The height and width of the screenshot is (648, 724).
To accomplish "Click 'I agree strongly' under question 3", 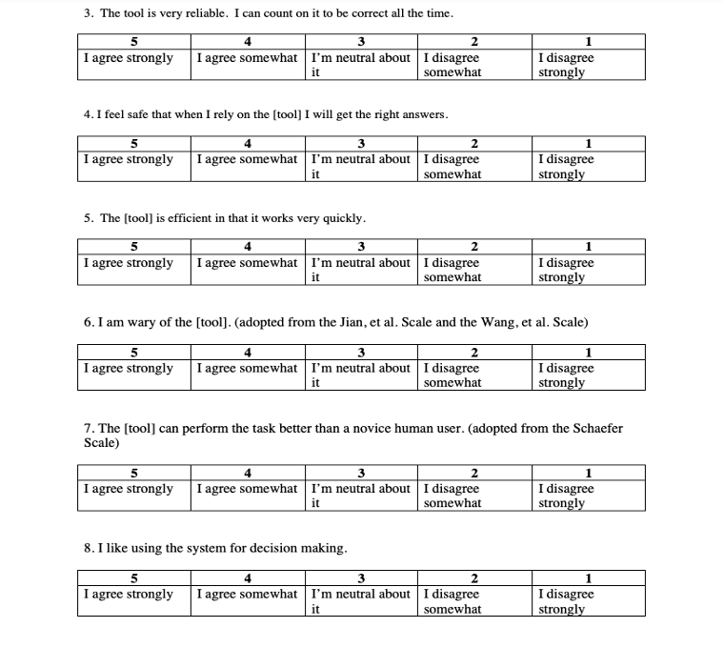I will coord(129,58).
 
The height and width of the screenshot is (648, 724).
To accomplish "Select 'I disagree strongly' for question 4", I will coord(566,167).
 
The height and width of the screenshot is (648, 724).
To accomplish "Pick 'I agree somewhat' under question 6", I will coord(247,369).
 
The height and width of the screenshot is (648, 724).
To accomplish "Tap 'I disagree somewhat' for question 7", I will coord(452,496).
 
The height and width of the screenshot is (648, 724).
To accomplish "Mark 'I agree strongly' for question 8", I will coord(129,595).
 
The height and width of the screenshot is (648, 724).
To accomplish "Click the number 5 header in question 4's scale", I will coord(133,144).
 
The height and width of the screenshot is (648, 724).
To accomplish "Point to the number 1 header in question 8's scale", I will coord(588,577).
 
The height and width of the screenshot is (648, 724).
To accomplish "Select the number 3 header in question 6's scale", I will coord(361,353).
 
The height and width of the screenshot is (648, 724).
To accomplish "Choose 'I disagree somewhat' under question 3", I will coord(452,65).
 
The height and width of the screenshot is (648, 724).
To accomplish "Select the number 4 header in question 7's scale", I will coord(248,473).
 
